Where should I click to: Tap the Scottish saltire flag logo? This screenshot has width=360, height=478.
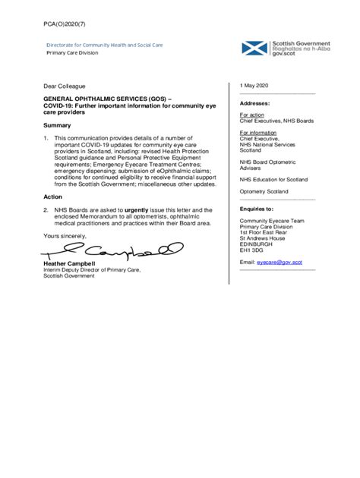pyautogui.click(x=254, y=49)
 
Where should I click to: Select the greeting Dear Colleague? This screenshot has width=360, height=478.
pyautogui.click(x=64, y=86)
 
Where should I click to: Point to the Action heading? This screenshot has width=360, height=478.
pyautogui.click(x=52, y=196)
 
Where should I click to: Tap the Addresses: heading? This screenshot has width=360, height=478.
pyautogui.click(x=255, y=103)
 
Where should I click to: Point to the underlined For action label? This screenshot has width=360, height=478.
pyautogui.click(x=253, y=115)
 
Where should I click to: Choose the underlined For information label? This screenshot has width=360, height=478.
pyautogui.click(x=258, y=132)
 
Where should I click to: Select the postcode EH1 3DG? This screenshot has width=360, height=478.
pyautogui.click(x=253, y=250)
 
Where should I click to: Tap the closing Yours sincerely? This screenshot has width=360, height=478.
pyautogui.click(x=65, y=236)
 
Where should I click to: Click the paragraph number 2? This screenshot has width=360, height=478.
pyautogui.click(x=46, y=209)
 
